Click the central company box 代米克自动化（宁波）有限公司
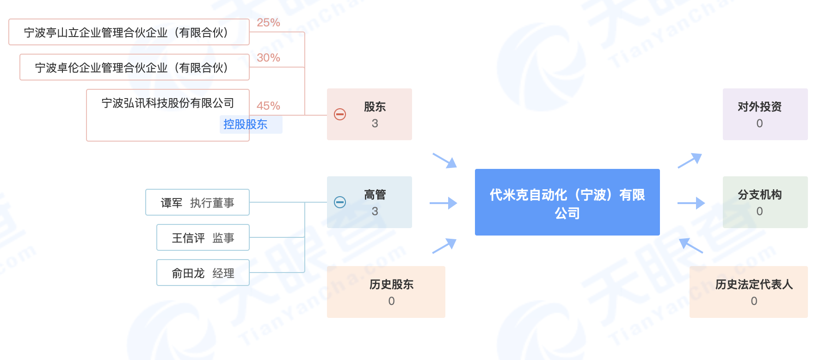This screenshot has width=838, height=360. tap(567, 202)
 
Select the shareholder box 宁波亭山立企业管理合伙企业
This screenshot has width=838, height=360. tap(129, 32)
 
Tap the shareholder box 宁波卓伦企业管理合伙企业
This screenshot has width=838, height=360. tap(134, 68)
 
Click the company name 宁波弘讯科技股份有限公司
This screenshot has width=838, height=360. tap(167, 103)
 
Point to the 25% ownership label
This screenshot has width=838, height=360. tap(268, 23)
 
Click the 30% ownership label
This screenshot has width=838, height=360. tap(268, 58)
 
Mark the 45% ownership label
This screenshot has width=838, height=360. tap(268, 106)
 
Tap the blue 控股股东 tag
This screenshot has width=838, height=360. tap(246, 124)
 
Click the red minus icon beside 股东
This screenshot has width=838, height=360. tap(340, 114)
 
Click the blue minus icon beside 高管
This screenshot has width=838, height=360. tap(340, 202)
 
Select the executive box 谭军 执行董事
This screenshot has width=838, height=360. tap(197, 203)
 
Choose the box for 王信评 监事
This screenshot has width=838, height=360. tap(203, 238)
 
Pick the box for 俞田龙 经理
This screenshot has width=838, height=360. tap(203, 273)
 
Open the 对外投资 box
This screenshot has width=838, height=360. tap(765, 114)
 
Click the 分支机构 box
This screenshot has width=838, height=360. tap(765, 202)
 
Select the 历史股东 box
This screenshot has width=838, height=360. tap(386, 292)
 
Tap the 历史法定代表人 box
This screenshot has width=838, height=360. tap(748, 292)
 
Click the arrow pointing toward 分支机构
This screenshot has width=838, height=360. tap(691, 203)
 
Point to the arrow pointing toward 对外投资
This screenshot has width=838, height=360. tap(690, 161)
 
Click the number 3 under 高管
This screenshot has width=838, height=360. tap(375, 211)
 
